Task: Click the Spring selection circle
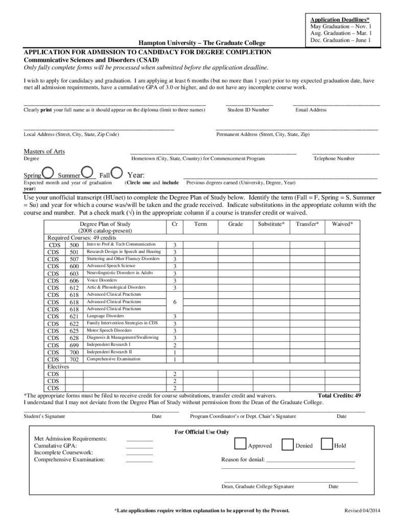pyautogui.click(x=48, y=172)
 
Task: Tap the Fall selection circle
pyautogui.click(x=116, y=172)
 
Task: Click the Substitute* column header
pyautogui.click(x=271, y=224)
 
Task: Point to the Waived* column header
pyautogui.click(x=346, y=224)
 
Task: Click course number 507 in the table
pyautogui.click(x=74, y=259)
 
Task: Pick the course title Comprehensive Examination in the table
pyautogui.click(x=113, y=359)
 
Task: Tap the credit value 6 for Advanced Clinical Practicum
pyautogui.click(x=175, y=302)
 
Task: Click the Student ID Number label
pyautogui.click(x=248, y=110)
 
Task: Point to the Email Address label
pyautogui.click(x=311, y=110)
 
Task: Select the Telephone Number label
pyautogui.click(x=334, y=158)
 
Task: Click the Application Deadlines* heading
pyautogui.click(x=340, y=19)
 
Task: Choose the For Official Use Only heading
pyautogui.click(x=202, y=432)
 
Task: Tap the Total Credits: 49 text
pyautogui.click(x=339, y=396)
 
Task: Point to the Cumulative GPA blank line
pyautogui.click(x=139, y=447)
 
